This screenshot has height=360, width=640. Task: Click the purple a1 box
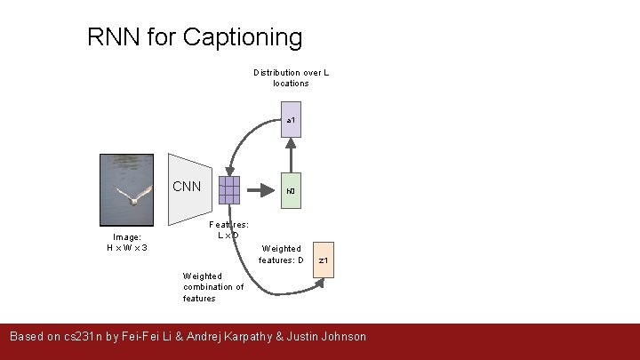291,120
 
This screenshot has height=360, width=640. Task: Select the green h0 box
291,190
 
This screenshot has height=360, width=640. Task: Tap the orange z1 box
325,260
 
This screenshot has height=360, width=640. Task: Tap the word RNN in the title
115,37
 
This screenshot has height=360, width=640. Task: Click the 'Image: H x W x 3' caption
127,242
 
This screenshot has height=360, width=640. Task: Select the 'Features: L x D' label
228,230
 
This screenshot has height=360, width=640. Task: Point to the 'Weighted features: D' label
282,254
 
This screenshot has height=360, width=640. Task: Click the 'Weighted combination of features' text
213,287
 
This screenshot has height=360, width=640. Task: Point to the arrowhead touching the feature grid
230,171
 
